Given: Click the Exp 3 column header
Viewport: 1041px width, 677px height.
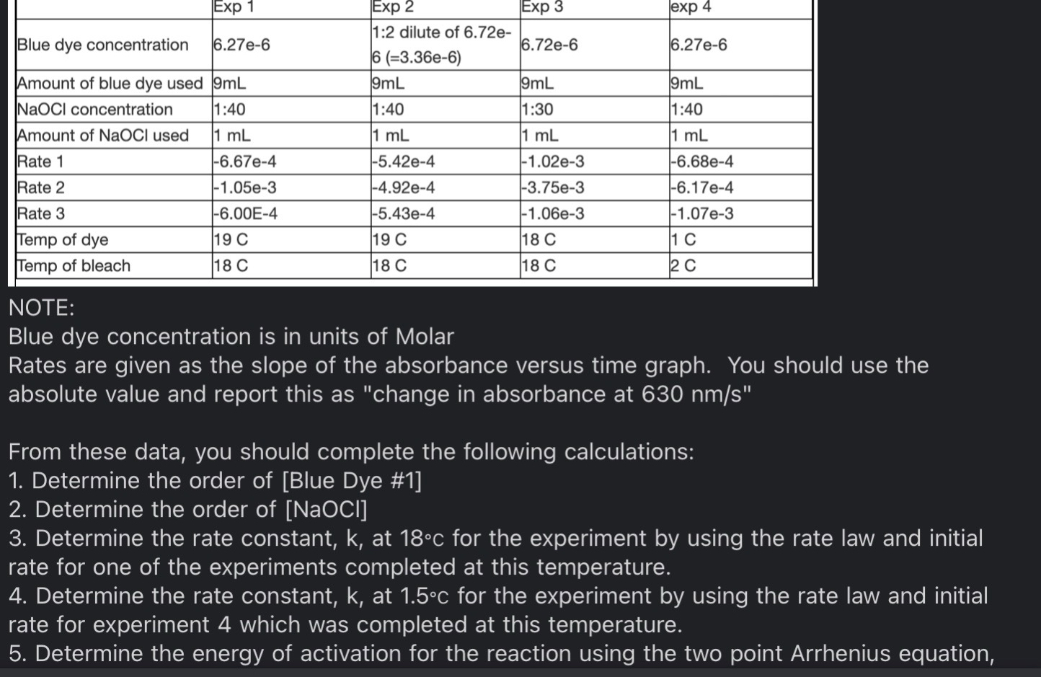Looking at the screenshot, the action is pyautogui.click(x=541, y=7).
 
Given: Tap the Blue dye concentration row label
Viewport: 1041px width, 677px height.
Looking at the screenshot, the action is pyautogui.click(x=102, y=45).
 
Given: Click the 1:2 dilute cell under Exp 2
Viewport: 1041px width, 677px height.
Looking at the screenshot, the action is pyautogui.click(x=441, y=45).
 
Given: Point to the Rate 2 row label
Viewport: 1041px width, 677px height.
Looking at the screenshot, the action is pyautogui.click(x=41, y=187).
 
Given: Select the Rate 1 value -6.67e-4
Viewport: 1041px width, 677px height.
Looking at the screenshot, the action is pyautogui.click(x=245, y=161).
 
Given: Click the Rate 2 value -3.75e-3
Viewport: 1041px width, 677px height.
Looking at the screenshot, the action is pyautogui.click(x=553, y=187).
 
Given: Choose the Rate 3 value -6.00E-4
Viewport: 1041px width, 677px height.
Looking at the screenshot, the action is pyautogui.click(x=246, y=213).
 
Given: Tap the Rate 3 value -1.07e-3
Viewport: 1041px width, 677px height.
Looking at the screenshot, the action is pyautogui.click(x=702, y=213).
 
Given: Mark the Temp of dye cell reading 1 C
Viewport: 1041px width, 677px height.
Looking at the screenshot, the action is pyautogui.click(x=683, y=239).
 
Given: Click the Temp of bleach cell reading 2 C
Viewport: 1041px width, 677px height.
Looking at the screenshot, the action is pyautogui.click(x=683, y=265).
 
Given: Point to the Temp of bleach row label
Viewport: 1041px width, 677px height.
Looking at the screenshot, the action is pyautogui.click(x=74, y=265).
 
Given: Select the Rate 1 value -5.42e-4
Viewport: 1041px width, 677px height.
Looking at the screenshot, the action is pyautogui.click(x=404, y=161).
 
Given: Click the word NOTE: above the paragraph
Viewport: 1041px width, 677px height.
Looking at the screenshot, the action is pyautogui.click(x=41, y=308).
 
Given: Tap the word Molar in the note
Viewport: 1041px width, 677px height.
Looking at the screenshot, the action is pyautogui.click(x=425, y=337).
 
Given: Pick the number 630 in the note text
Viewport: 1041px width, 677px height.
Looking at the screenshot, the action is pyautogui.click(x=663, y=394).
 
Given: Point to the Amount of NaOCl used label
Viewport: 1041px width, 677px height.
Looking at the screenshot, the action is pyautogui.click(x=102, y=136).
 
